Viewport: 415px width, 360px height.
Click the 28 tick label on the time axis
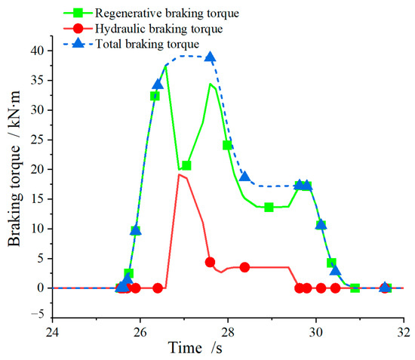coord(228,332)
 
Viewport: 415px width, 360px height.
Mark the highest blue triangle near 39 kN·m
coord(210,57)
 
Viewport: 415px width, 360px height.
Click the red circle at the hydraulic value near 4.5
coord(210,262)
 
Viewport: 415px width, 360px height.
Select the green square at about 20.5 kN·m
coord(186,165)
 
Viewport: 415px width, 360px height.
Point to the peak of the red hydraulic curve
coord(179,174)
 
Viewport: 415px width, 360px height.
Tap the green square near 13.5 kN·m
coord(269,207)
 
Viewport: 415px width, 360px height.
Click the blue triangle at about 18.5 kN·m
coord(244,177)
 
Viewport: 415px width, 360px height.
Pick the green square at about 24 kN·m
coord(227,145)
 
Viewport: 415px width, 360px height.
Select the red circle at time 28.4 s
coord(244,267)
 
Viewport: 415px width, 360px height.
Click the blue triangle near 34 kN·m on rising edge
coord(158,85)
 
